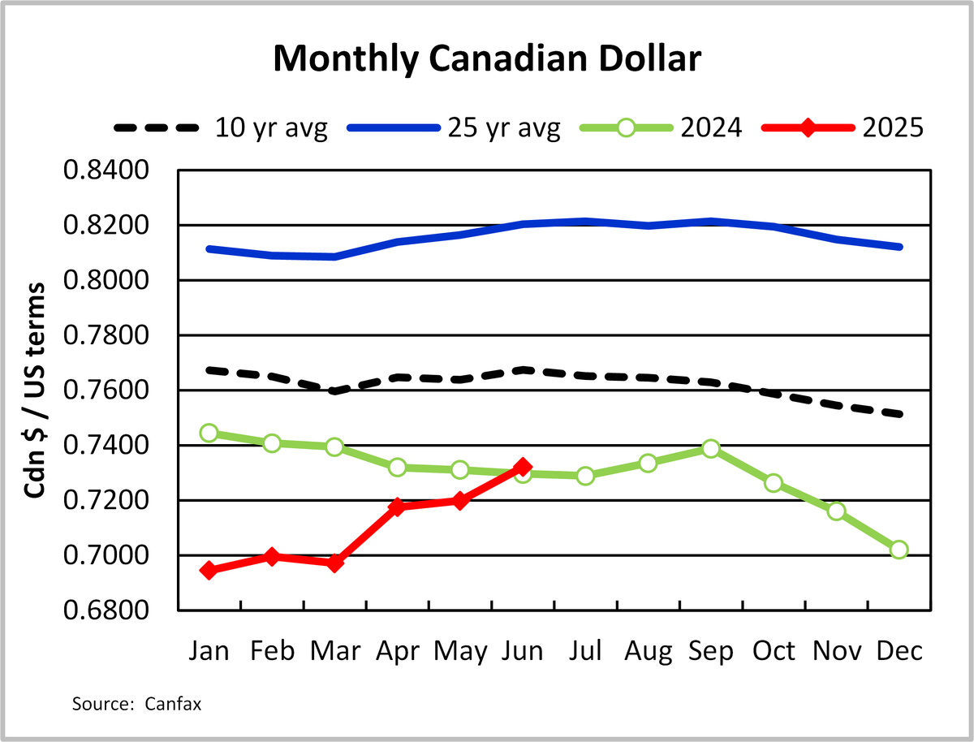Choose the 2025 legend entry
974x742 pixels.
(x=892, y=128)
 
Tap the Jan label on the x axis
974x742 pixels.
(x=209, y=651)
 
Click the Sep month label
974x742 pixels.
(x=710, y=651)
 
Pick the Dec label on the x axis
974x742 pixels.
(x=899, y=651)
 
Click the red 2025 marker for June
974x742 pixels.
(x=523, y=468)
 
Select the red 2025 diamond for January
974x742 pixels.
(x=209, y=571)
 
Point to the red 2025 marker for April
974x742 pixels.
(x=397, y=507)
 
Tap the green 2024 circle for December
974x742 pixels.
(x=899, y=550)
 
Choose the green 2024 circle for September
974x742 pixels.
(x=711, y=449)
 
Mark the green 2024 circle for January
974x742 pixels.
(x=209, y=433)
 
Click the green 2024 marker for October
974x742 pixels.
(x=774, y=483)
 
